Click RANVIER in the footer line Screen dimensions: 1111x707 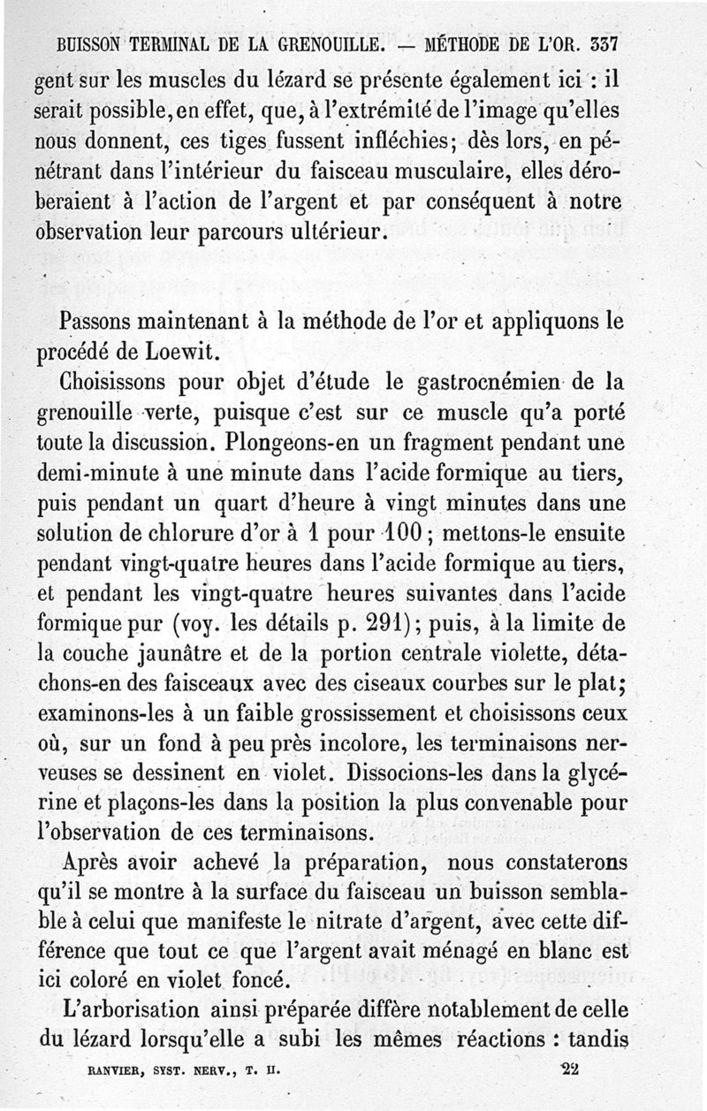click(x=117, y=1067)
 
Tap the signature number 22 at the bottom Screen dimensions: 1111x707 click(x=570, y=1067)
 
